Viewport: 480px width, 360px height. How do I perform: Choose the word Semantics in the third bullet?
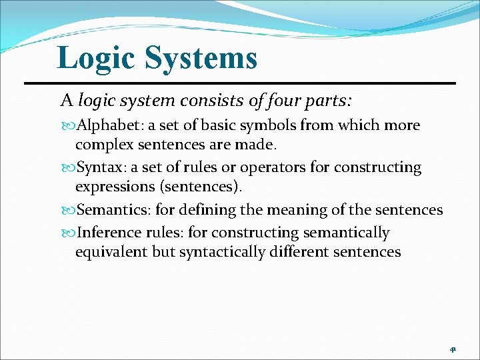click(114, 210)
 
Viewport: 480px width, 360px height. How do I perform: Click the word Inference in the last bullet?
click(109, 233)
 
